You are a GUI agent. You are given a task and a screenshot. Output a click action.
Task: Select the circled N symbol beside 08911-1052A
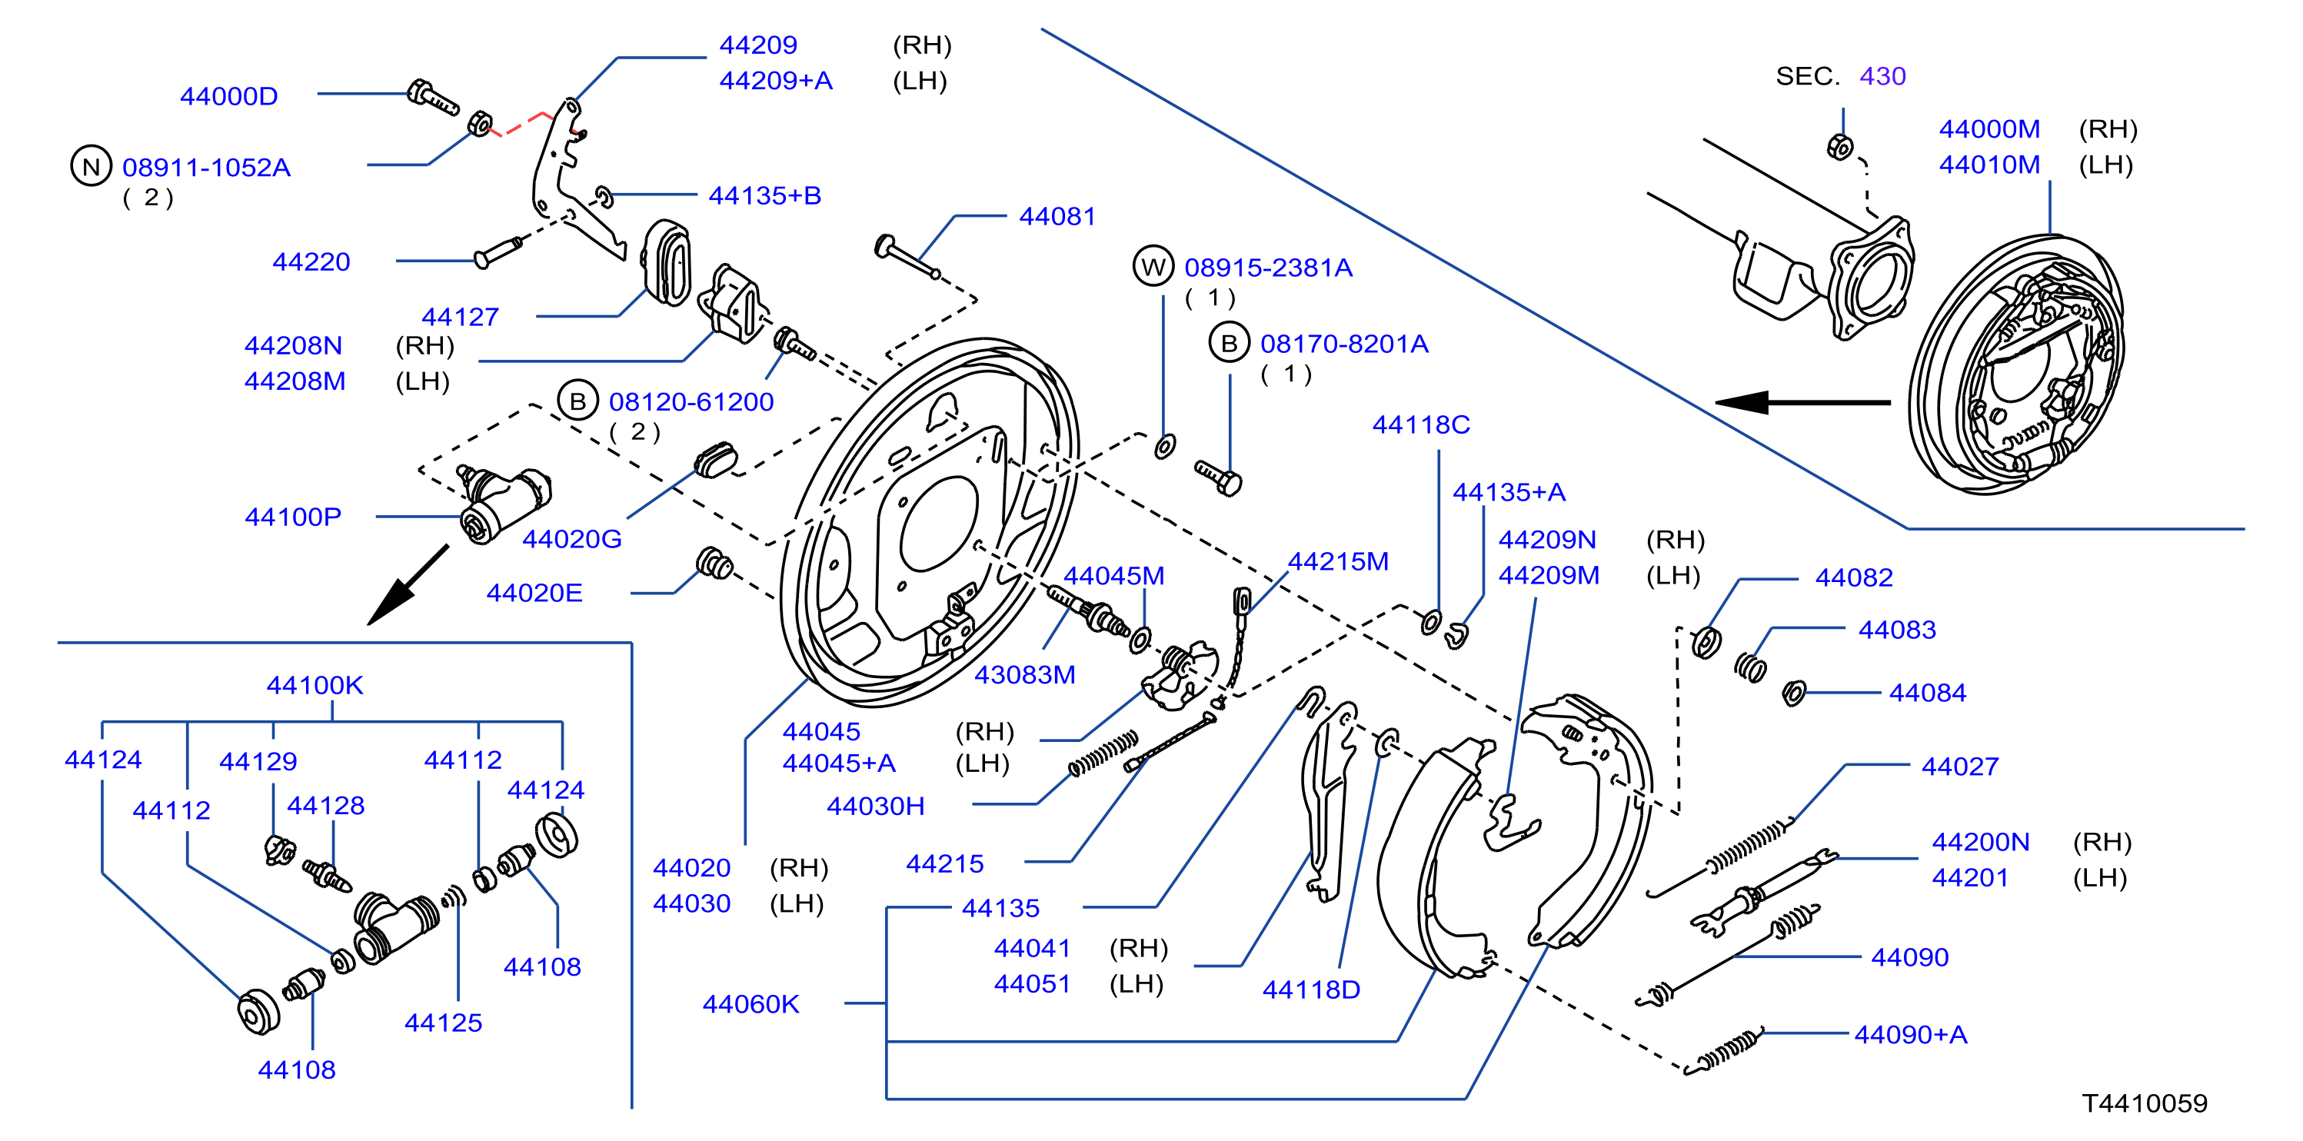tap(92, 166)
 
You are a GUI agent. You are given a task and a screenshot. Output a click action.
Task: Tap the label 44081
tap(1057, 216)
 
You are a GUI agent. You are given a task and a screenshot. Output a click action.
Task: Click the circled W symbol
tap(1153, 267)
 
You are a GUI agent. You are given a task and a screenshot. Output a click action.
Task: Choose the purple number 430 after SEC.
tap(1883, 76)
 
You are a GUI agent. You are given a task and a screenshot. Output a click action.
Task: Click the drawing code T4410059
tap(2145, 1103)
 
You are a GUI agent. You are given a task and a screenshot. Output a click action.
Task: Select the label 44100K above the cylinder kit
tap(314, 685)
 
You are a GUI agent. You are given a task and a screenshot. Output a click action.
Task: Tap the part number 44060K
tap(751, 1004)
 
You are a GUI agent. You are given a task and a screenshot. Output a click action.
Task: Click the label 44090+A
tap(1912, 1035)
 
